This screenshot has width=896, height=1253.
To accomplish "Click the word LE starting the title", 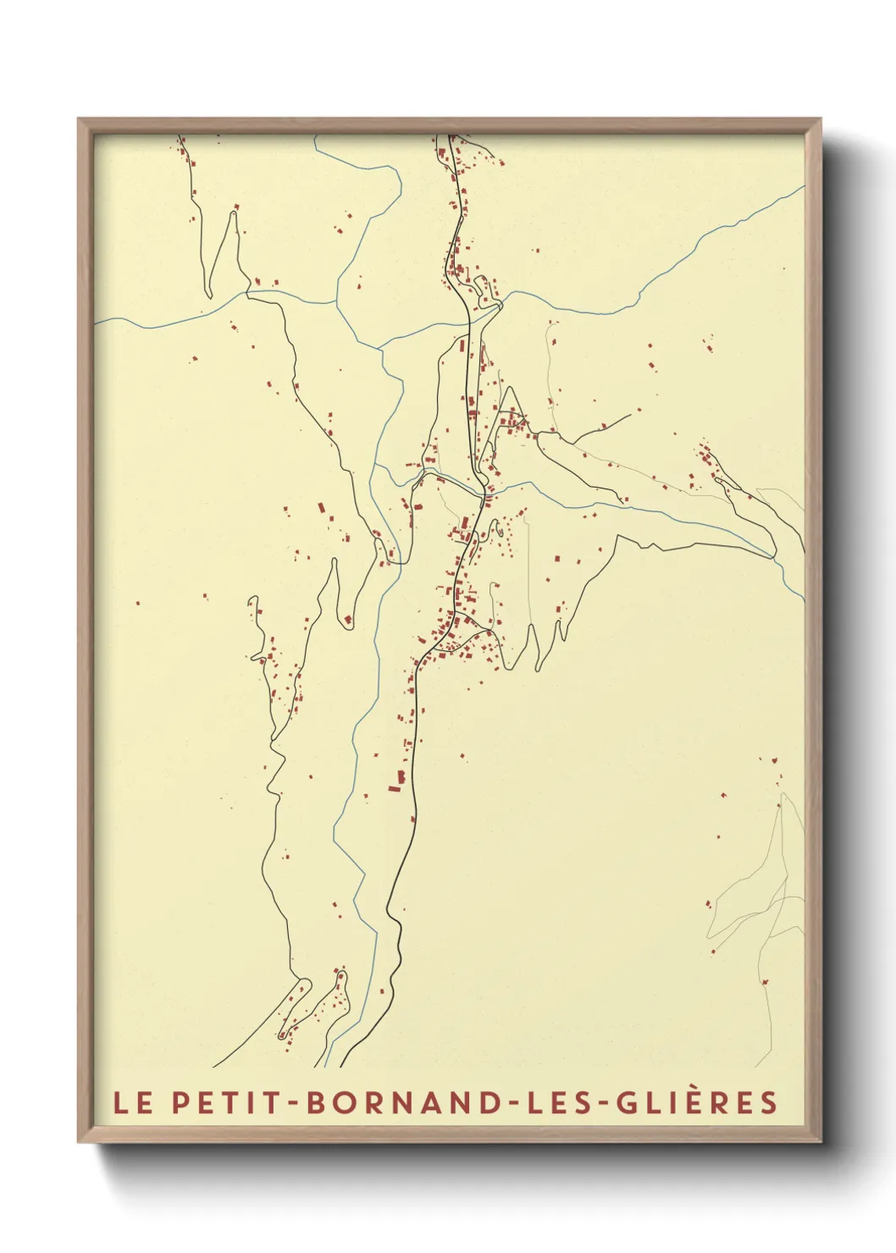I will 133,1102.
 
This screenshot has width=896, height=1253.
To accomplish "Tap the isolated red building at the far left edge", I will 138,604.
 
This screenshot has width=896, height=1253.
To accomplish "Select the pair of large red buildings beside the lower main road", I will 397,781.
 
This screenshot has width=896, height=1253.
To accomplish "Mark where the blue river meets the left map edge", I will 97,322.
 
